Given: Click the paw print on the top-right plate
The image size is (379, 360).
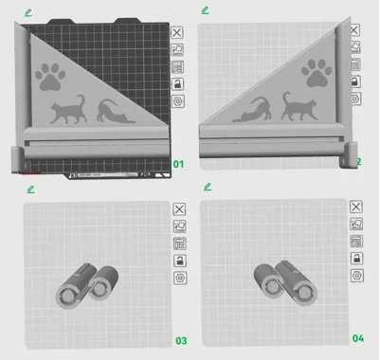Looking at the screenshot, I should pos(316,73).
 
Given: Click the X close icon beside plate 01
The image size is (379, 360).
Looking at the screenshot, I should pos(177,31).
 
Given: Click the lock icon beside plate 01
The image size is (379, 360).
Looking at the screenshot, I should pos(177,83).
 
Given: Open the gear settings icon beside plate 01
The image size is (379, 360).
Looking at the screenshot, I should pos(177,100).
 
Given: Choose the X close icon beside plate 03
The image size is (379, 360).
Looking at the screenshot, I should pos(177,208).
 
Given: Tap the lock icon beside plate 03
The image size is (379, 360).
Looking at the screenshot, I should pos(177,261).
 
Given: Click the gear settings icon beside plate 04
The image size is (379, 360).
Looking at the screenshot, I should pos(356,275).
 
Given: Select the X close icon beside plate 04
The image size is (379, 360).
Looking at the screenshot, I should pos(356,207).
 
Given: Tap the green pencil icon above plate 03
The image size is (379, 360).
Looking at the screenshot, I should pos(30,189).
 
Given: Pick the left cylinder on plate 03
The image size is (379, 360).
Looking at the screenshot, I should pos(75,289).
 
